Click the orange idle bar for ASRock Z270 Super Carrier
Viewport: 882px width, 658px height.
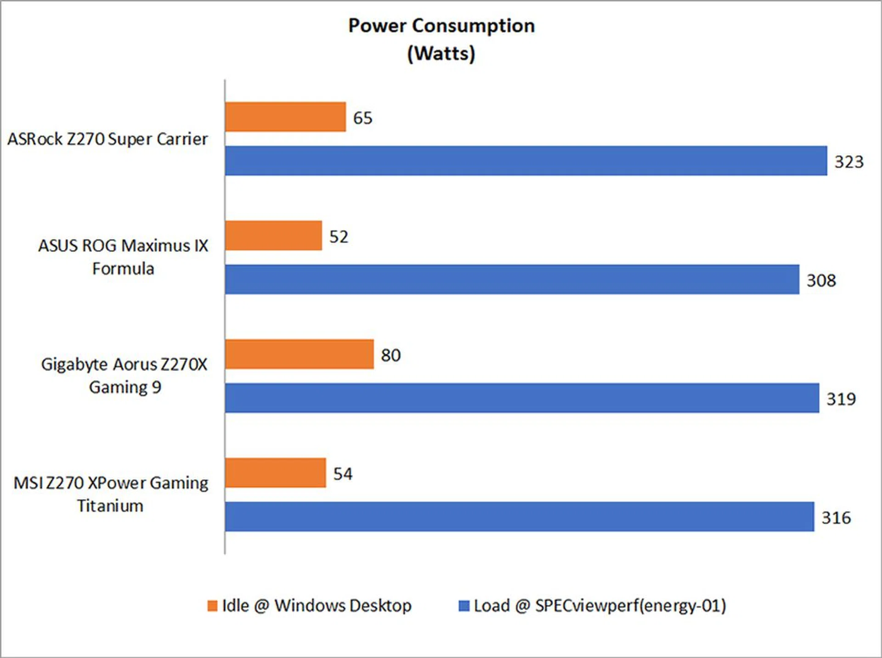click(x=285, y=117)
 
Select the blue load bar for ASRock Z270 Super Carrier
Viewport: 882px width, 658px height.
click(x=526, y=161)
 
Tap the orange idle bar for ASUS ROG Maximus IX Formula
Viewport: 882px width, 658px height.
click(x=273, y=236)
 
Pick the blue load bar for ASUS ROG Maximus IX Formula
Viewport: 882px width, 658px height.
click(x=512, y=279)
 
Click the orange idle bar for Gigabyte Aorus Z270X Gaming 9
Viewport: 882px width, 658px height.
click(x=299, y=354)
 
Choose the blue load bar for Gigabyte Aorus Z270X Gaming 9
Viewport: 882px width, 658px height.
click(x=522, y=398)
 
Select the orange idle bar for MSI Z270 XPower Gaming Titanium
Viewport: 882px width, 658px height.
click(x=276, y=473)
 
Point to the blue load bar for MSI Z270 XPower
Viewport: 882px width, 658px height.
click(x=519, y=516)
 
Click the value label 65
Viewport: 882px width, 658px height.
click(x=362, y=118)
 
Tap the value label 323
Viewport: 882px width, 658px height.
click(x=849, y=162)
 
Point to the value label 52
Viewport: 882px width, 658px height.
click(x=339, y=237)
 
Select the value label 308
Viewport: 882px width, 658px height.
click(x=821, y=280)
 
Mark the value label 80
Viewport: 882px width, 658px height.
click(x=390, y=355)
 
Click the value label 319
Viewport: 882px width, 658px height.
click(x=841, y=399)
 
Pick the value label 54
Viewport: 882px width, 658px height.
click(x=343, y=474)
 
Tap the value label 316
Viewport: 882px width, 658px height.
click(x=836, y=518)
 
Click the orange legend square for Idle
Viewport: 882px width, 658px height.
click(x=212, y=606)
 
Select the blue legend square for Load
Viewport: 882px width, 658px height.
click(x=464, y=606)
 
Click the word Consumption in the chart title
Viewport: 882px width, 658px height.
click(x=473, y=26)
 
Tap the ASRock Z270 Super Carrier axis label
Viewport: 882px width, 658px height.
click(x=107, y=139)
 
